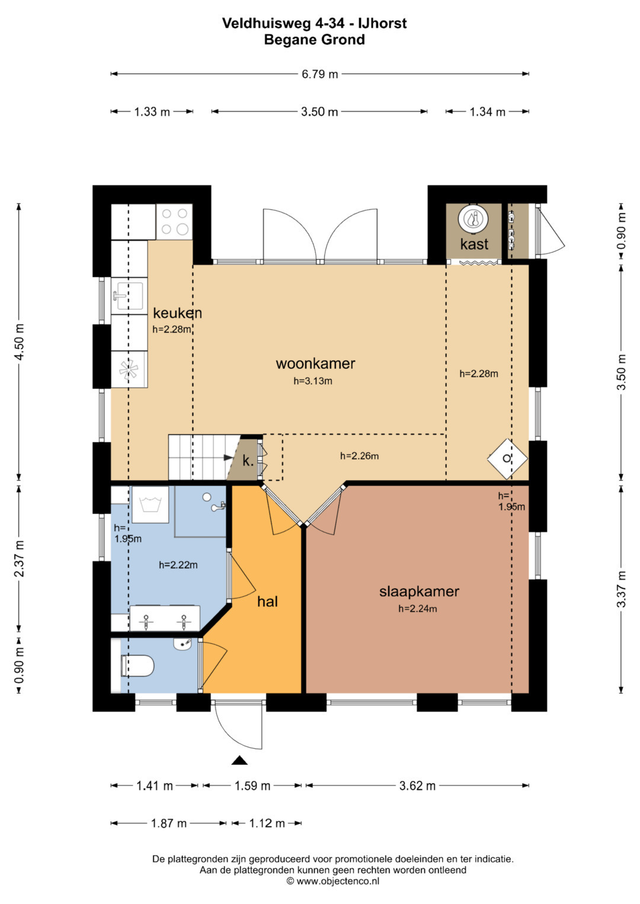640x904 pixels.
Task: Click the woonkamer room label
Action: coord(315,363)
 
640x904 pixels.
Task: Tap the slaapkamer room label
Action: coord(419,591)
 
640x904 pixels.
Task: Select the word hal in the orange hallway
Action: coord(267,601)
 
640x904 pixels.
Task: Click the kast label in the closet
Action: coord(474,244)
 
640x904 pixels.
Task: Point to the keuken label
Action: coord(177,313)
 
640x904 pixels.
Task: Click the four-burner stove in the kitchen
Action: coord(174,221)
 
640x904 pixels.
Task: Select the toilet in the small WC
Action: coord(137,665)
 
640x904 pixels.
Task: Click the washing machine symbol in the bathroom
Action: coord(150,504)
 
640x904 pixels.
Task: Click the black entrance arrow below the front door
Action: coord(239,760)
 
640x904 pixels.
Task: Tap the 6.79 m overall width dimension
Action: coord(319,74)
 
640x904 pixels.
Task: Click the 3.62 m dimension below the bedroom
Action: coord(417,786)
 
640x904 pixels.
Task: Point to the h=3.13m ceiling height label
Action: coord(313,381)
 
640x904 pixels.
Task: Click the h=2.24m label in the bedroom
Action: coord(417,609)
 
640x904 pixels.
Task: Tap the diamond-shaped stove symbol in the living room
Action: coord(507,459)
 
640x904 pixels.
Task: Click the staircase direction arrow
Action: coord(229,458)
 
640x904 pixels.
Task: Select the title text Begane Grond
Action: coord(314,40)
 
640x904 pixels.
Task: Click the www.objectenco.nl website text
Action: coord(338,881)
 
